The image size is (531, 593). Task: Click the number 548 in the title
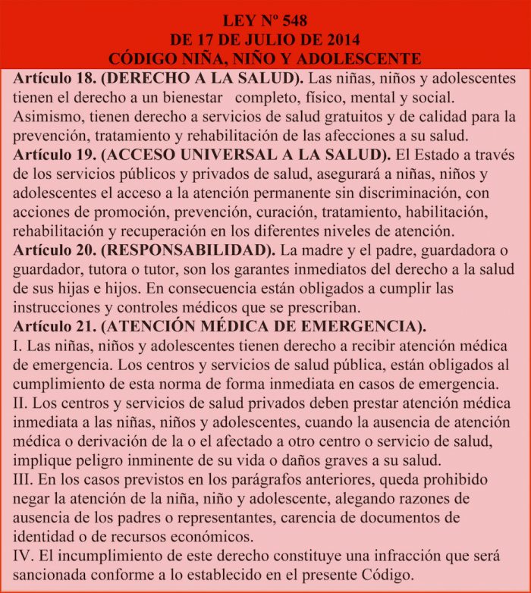(292, 20)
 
